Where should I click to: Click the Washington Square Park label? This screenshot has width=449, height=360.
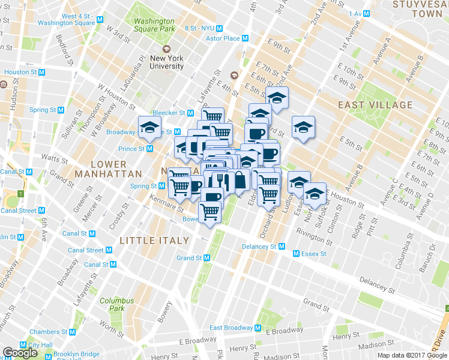(154, 25)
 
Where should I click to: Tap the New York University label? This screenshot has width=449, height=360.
(167, 62)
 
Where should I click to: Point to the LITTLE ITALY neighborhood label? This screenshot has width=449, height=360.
(154, 240)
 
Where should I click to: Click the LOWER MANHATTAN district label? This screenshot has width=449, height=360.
(108, 169)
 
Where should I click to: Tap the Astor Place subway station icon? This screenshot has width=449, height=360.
(245, 38)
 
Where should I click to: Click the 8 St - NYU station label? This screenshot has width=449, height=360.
(200, 28)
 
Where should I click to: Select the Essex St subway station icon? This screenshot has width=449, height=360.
(296, 254)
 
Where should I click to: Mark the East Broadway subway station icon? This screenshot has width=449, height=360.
(258, 328)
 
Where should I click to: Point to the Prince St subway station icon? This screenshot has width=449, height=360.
(150, 149)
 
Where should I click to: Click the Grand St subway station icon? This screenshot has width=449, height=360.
(206, 258)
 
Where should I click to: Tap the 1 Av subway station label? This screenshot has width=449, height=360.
(357, 13)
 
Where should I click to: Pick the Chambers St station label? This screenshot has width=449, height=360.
(43, 332)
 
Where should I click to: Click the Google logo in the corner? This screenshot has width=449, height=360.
(20, 353)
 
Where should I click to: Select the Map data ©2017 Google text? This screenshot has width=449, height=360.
(411, 355)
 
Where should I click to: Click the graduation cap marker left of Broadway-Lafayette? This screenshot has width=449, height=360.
(149, 127)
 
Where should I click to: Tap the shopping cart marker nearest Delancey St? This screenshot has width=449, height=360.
(209, 212)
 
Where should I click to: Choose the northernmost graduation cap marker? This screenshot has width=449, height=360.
(277, 97)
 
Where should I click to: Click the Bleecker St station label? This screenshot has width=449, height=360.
(168, 112)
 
